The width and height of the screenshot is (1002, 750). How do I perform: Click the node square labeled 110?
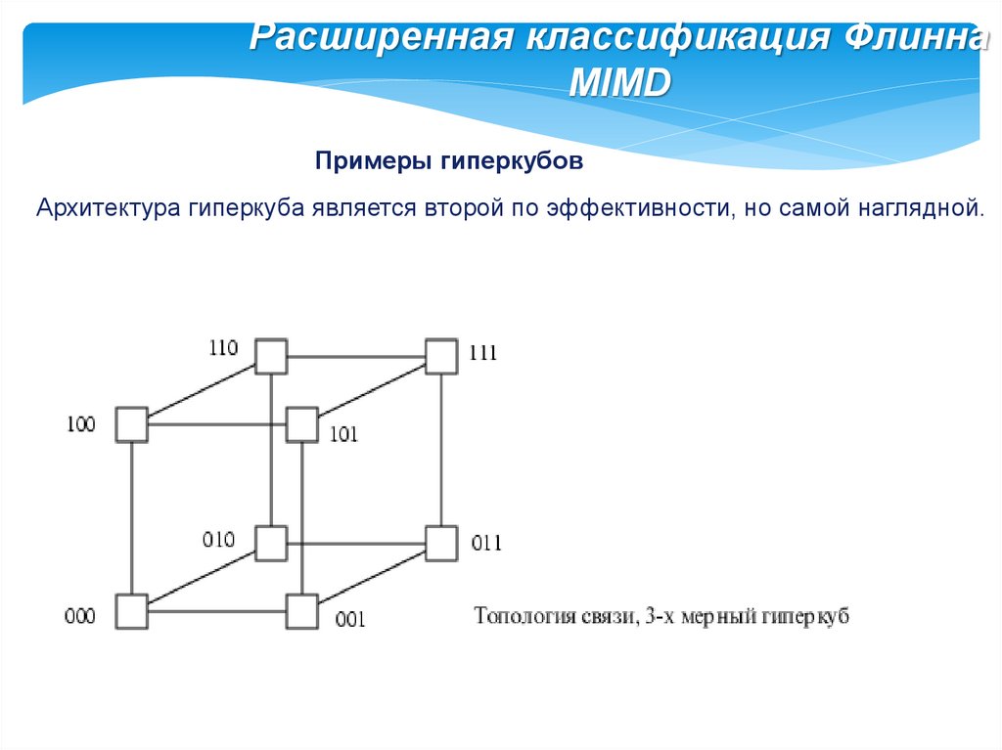pos(271,356)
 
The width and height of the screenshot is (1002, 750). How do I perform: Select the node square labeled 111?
pos(441,356)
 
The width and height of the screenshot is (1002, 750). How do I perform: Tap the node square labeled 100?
pos(131,425)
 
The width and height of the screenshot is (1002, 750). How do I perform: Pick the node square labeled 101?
pos(301,425)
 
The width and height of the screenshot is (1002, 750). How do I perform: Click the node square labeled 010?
pos(271,542)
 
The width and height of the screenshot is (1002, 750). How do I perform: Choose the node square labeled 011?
pos(441,542)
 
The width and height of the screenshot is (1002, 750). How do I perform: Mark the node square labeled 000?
pos(131,611)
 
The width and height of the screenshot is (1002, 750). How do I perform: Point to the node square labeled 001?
pos(301,611)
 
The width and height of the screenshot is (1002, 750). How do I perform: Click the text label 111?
pos(483,354)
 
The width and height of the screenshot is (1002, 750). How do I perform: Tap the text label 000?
pos(80,617)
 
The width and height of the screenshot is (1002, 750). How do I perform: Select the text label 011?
pos(486,544)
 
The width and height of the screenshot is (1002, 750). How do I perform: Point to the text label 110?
pos(223,347)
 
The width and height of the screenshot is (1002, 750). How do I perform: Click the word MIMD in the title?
pos(619,83)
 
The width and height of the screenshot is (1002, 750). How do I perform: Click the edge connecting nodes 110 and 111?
pos(356,356)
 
